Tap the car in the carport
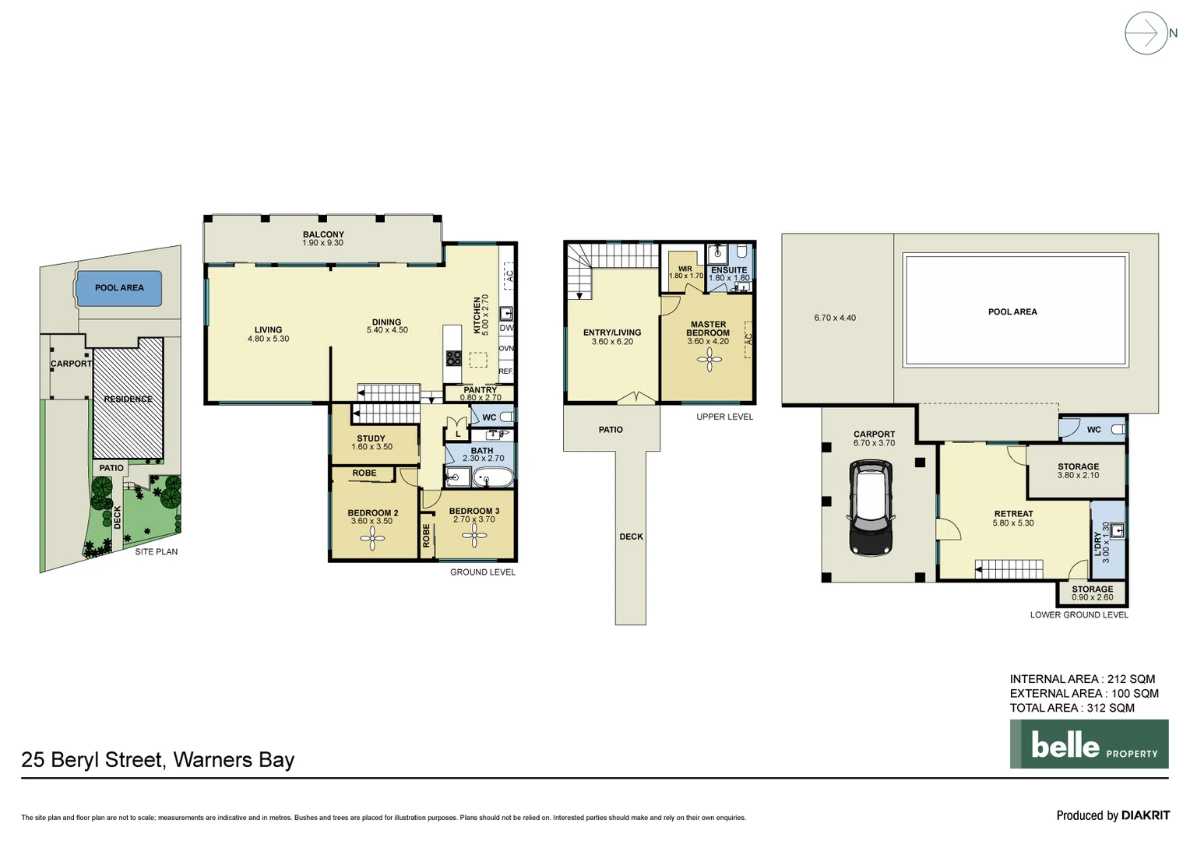point(871,507)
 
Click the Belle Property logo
point(1089,744)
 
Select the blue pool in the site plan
point(119,288)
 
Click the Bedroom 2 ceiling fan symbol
point(372,537)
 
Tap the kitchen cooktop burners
point(453,358)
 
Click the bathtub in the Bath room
point(492,477)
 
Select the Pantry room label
point(480,390)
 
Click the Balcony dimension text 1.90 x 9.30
point(323,243)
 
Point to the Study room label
point(371,438)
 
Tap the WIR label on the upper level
point(685,269)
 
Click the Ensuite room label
point(729,270)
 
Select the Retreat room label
point(1013,514)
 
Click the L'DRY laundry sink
point(1117,531)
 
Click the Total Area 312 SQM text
point(1072,708)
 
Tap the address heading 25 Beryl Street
point(157,760)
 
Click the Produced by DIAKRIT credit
point(1112,815)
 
